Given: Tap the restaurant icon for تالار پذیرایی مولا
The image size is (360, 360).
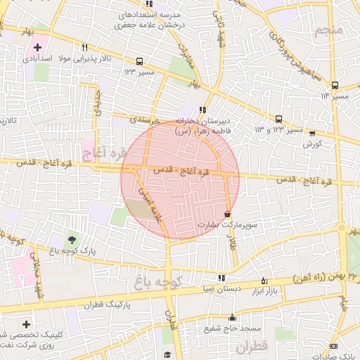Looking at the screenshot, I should [x=85, y=47].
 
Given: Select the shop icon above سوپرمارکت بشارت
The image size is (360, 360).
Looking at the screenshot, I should [x=227, y=214].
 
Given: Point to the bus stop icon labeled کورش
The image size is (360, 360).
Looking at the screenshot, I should [x=312, y=133].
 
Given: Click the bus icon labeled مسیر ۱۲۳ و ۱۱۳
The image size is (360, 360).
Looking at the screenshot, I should [x=279, y=119].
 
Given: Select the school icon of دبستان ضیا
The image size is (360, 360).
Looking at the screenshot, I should [x=222, y=278].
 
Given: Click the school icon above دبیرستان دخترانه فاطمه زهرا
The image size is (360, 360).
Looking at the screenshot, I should [x=203, y=110].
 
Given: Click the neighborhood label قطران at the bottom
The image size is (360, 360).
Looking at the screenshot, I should [x=252, y=347].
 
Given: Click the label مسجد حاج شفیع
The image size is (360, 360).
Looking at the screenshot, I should [x=238, y=328].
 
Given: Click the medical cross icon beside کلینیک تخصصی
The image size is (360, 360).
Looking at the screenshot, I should [x=26, y=325].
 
